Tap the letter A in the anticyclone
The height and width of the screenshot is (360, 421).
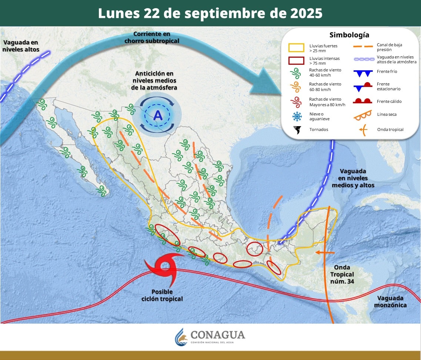(158, 115)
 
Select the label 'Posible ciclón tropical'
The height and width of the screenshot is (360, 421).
(162, 295)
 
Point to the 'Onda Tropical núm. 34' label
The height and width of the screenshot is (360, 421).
(342, 274)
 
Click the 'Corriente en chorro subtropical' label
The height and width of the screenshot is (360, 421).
(152, 37)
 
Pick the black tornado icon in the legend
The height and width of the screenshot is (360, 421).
(297, 129)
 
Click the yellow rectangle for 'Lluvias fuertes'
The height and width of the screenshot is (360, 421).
(296, 47)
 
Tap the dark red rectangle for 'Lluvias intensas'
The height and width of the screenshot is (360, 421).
(296, 61)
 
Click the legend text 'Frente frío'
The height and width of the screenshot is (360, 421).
(387, 71)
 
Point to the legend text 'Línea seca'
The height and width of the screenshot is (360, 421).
(387, 114)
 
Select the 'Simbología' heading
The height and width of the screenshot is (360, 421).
(349, 35)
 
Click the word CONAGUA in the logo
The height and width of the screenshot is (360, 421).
(217, 335)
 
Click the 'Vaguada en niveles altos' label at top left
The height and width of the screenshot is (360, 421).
(21, 46)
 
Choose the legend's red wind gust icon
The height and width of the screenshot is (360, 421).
(297, 101)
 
